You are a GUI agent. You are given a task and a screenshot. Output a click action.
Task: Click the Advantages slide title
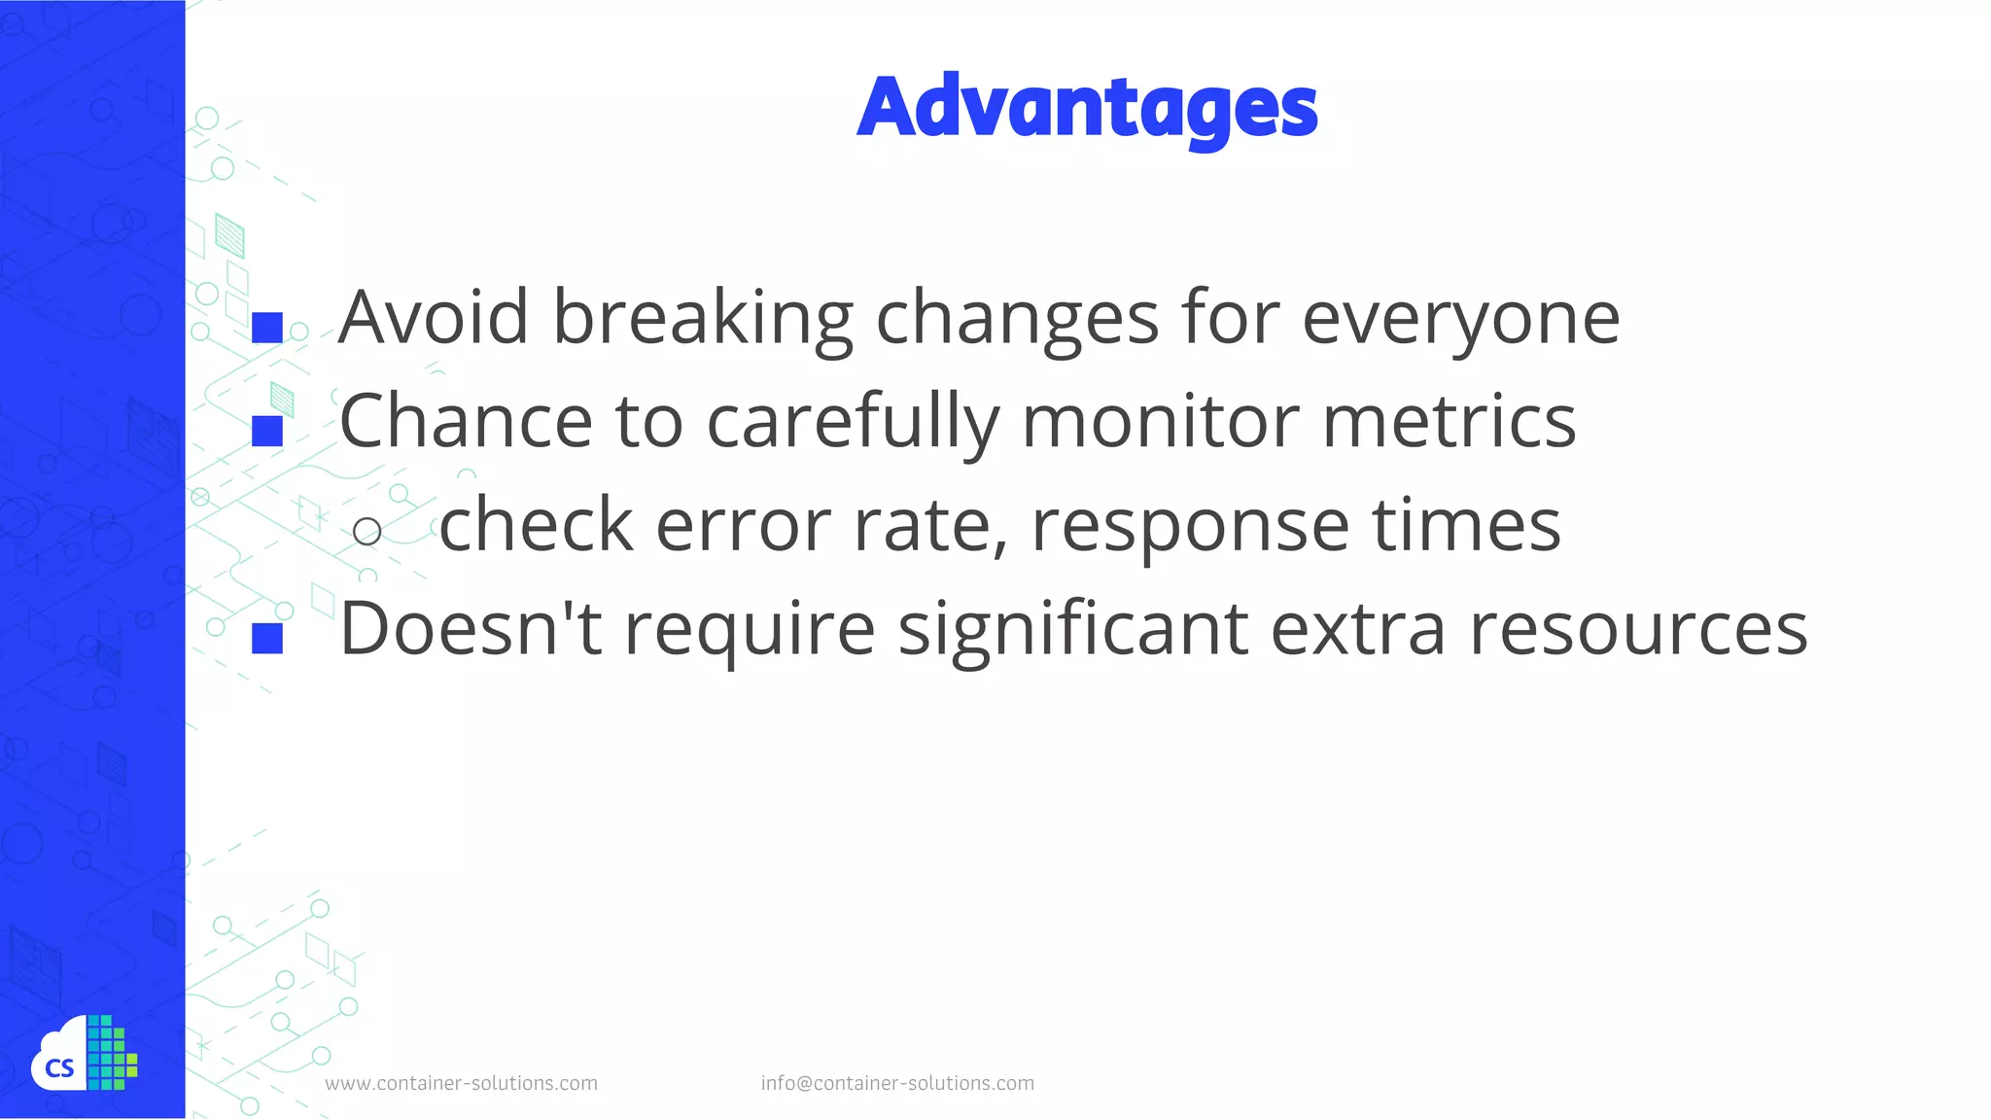pos(1087,107)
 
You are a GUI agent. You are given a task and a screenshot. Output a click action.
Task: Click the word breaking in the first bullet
pos(702,318)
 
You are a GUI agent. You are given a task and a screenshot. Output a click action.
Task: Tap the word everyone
pos(1460,318)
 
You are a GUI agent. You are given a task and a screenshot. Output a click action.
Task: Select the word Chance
pos(465,421)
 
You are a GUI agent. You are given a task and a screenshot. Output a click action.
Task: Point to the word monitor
pos(1160,421)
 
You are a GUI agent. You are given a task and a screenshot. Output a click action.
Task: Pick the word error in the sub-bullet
pos(743,525)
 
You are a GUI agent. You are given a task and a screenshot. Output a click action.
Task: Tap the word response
pos(1190,525)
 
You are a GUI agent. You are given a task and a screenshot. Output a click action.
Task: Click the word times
pos(1466,525)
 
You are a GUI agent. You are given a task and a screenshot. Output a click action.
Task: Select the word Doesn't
pos(471,629)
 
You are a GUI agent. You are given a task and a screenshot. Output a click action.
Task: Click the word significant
pos(1072,629)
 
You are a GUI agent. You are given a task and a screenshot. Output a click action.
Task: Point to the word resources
pos(1638,629)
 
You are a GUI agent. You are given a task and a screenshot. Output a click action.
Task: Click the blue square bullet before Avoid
pos(267,328)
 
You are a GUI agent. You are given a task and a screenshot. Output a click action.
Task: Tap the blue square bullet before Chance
pos(267,431)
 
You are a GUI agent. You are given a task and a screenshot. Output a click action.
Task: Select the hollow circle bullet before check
pos(367,531)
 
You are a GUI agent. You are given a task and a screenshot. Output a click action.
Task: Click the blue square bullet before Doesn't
pos(267,638)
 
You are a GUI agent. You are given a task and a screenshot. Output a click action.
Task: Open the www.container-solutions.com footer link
pos(461,1083)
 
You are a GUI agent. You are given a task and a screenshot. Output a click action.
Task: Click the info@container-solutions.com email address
pos(897,1083)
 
